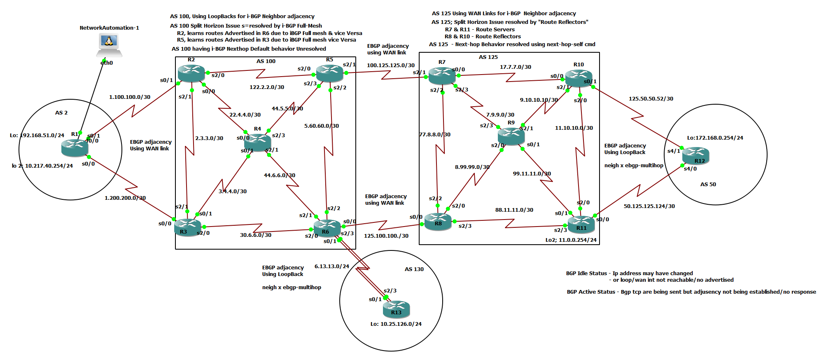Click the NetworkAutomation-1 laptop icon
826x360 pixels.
point(109,44)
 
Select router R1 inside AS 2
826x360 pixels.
point(75,147)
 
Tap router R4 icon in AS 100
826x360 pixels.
point(257,142)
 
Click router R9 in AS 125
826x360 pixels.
point(511,136)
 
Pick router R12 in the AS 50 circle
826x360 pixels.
point(695,156)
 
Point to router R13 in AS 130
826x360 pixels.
point(396,309)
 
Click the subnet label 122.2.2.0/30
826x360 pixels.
point(266,87)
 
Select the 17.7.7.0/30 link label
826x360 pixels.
point(515,67)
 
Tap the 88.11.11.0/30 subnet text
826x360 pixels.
point(514,210)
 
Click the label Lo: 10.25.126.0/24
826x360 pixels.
point(396,324)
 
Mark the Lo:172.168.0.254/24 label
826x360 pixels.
point(715,138)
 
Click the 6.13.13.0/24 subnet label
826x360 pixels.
point(331,266)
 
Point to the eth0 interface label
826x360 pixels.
point(106,63)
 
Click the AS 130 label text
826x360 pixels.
point(414,269)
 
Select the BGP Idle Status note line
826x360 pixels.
point(629,273)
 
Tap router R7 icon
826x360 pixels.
point(441,75)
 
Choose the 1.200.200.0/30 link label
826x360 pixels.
point(125,198)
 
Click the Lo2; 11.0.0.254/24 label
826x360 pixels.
point(571,240)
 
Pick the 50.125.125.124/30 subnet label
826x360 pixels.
point(649,206)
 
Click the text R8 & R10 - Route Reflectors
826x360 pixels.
point(483,36)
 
